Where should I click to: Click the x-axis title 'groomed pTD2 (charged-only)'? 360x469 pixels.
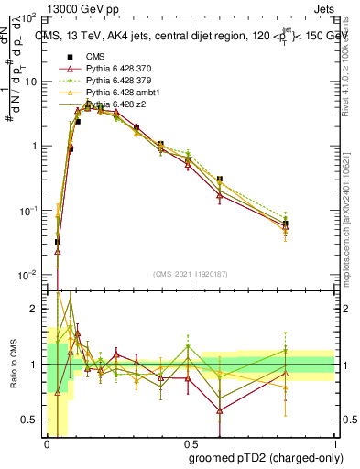(266, 457)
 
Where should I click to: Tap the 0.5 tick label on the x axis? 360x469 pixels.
(189, 442)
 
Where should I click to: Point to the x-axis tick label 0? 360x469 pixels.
(46, 442)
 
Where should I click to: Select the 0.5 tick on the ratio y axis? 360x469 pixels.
(30, 420)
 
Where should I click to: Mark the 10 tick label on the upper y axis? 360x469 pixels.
(30, 82)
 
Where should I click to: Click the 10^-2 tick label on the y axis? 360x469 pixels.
(28, 275)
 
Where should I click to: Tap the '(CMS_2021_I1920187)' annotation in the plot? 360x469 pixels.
(190, 274)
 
